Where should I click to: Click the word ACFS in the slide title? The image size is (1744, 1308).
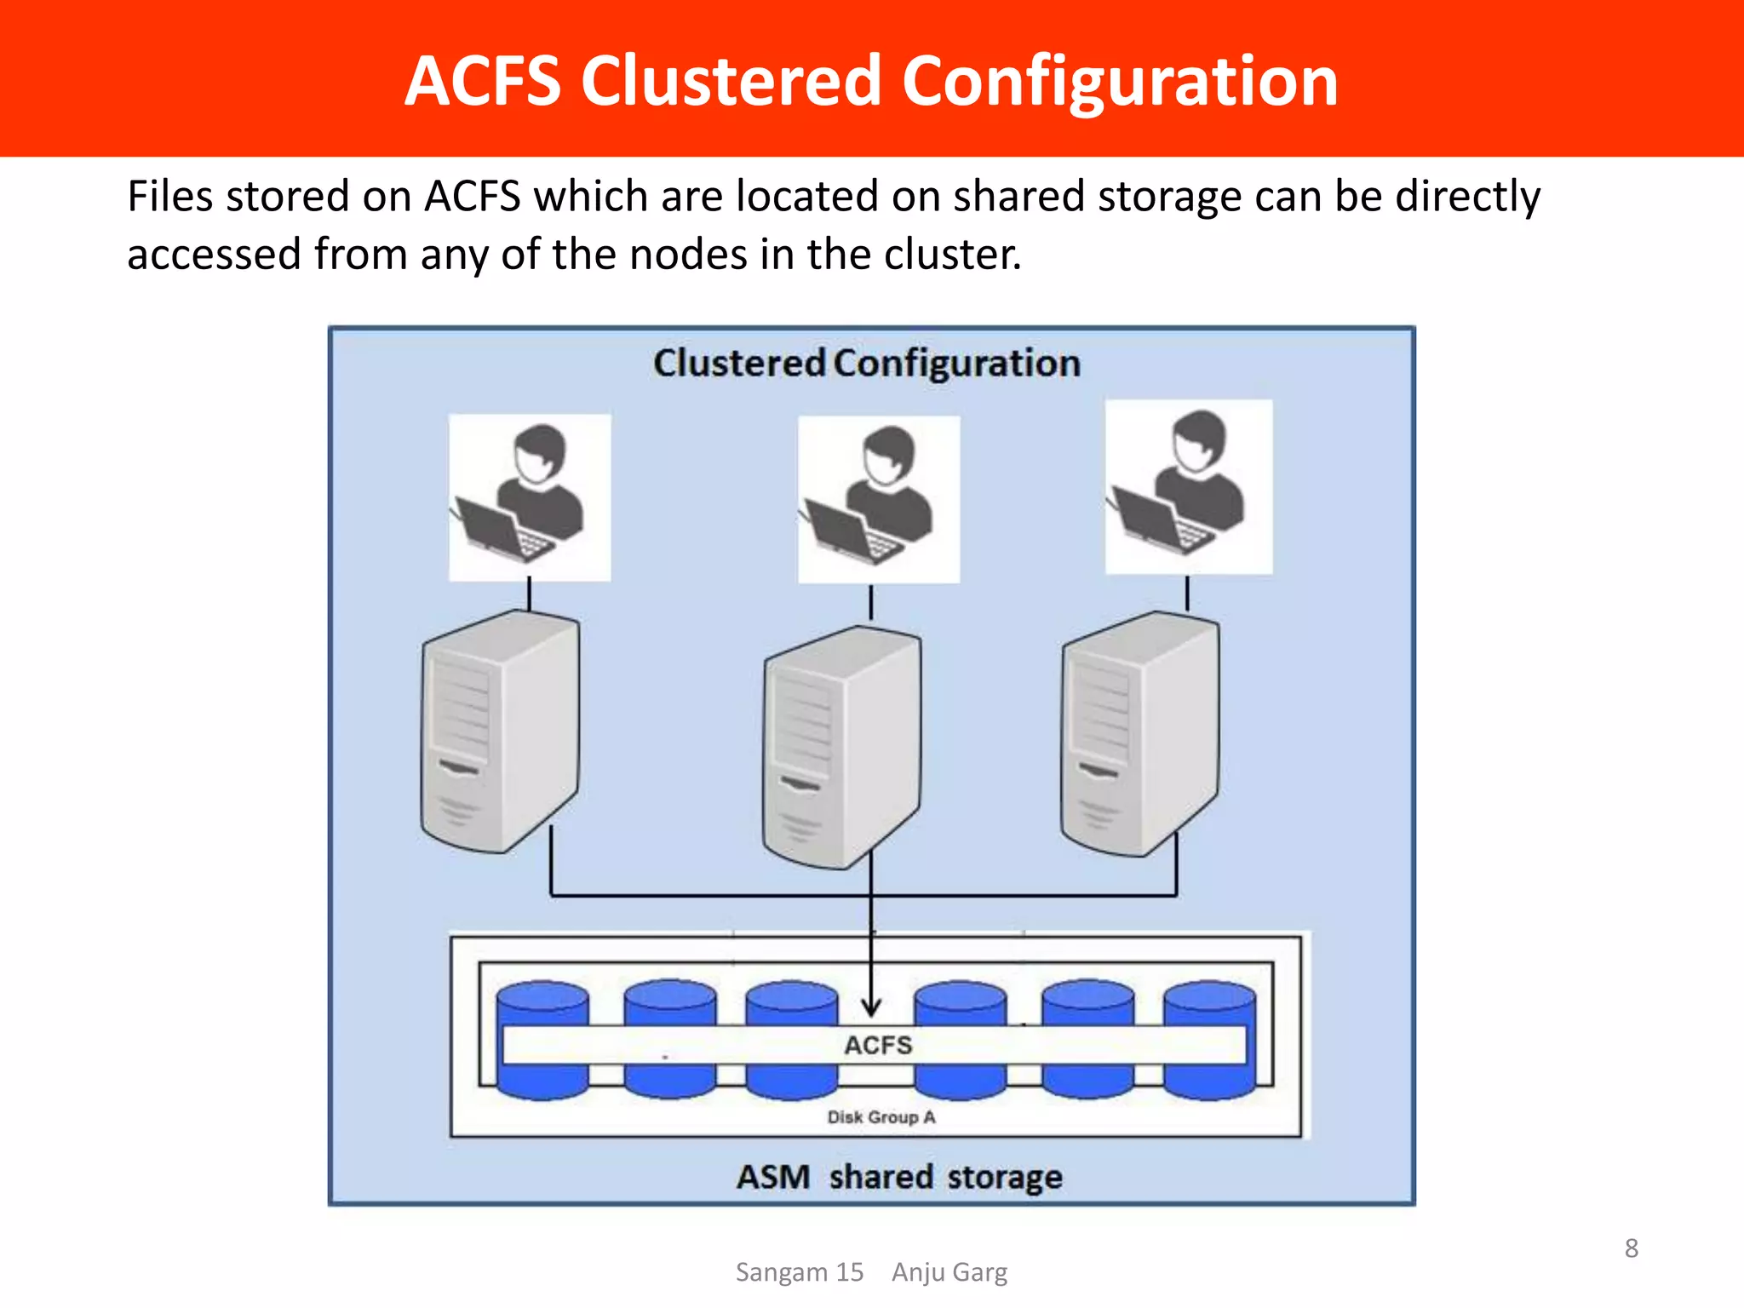482,81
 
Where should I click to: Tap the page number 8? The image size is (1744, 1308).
1631,1248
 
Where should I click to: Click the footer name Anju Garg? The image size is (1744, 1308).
949,1272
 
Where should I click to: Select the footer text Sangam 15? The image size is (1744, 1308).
799,1272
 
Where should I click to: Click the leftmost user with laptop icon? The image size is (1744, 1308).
529,497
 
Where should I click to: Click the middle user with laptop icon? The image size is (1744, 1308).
878,499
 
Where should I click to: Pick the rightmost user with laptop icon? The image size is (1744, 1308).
1188,487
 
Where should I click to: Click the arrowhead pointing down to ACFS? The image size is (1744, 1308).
870,1008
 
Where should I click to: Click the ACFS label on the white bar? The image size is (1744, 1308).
878,1045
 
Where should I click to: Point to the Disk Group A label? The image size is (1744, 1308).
881,1117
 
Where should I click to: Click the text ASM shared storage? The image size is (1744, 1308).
899,1177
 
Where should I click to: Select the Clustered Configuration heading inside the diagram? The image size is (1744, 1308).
867,363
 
